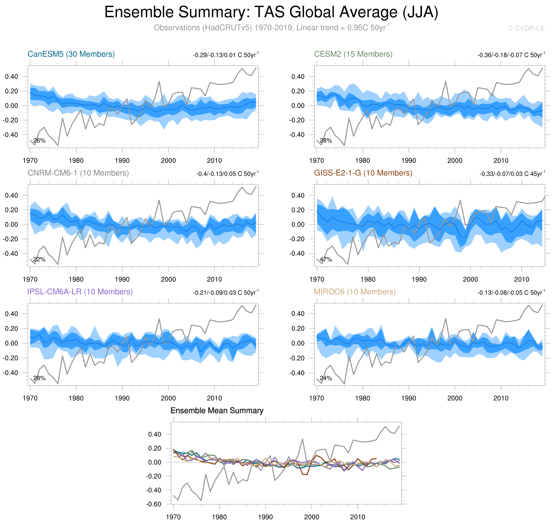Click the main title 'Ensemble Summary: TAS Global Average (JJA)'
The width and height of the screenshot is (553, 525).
tap(271, 12)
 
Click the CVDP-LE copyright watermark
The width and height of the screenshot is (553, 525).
tap(526, 28)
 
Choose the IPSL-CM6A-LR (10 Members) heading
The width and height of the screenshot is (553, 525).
tap(80, 292)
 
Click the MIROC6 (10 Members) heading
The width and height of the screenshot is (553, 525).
tap(355, 292)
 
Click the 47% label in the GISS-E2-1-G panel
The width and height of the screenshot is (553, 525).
tap(326, 259)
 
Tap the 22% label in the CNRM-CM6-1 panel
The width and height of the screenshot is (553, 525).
tap(39, 259)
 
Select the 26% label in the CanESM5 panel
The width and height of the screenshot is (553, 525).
tap(39, 140)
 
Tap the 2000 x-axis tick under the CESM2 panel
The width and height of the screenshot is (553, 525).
tap(455, 161)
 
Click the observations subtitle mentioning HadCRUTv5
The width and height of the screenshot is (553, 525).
tap(271, 28)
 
